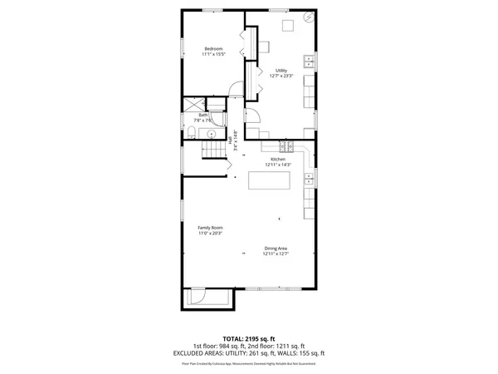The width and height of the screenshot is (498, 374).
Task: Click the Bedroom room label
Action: pyautogui.click(x=213, y=49)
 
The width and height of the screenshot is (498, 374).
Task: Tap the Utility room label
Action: pyautogui.click(x=281, y=71)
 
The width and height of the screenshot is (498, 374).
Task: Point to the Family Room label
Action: pyautogui.click(x=209, y=228)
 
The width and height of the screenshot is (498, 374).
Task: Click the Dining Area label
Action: pyautogui.click(x=276, y=249)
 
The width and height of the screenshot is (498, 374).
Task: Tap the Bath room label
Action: pyautogui.click(x=192, y=115)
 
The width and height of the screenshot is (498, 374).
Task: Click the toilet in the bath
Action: pyautogui.click(x=190, y=133)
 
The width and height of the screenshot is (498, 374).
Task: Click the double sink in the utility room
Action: pyautogui.click(x=310, y=60)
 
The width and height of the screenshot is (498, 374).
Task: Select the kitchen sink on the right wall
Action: pyautogui.click(x=310, y=176)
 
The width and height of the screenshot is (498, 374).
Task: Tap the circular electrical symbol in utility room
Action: pyautogui.click(x=309, y=17)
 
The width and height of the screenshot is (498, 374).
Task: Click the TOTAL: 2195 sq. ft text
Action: pyautogui.click(x=249, y=339)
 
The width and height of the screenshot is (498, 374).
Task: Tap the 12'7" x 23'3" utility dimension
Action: pyautogui.click(x=281, y=76)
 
